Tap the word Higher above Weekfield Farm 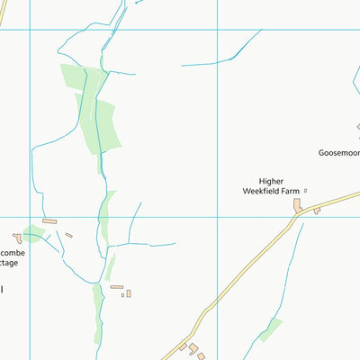click(271, 180)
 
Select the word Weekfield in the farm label click(260, 191)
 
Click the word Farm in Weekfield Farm click(289, 191)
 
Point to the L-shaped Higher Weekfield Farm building click(297, 206)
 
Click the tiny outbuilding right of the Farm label click(305, 190)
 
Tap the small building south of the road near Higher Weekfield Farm click(316, 211)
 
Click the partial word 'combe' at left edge click(11, 253)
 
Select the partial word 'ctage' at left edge click(9, 263)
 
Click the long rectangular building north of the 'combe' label click(49, 220)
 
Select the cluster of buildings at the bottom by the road click(192, 349)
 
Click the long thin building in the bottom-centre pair click(116, 287)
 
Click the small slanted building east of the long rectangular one click(68, 235)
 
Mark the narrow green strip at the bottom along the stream click(97, 315)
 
